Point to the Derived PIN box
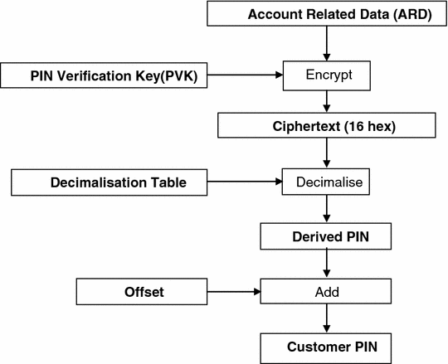coord(325,238)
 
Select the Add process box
coord(325,292)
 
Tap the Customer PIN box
coord(325,345)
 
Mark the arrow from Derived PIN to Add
coord(325,265)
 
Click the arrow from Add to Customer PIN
coord(325,318)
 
